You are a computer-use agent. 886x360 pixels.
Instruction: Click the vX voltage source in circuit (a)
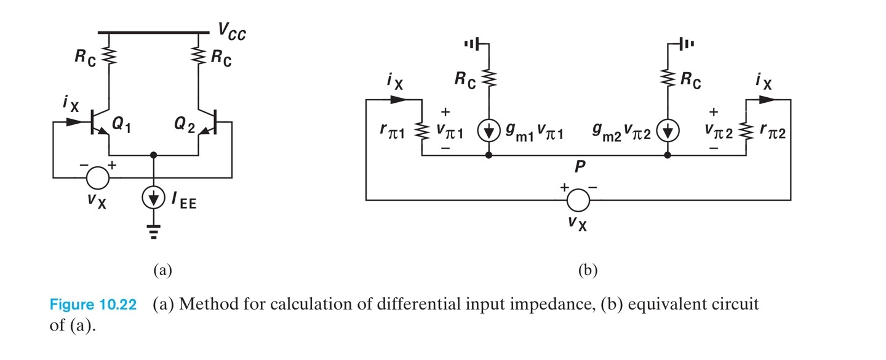tap(97, 178)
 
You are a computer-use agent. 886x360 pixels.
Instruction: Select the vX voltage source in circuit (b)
tap(577, 199)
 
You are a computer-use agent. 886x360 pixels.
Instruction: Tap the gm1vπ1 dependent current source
tap(488, 131)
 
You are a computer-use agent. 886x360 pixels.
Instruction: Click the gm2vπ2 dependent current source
tap(668, 131)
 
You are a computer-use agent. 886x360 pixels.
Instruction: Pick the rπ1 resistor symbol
tap(421, 130)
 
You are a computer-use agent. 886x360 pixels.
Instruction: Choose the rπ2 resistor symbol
tap(746, 130)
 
